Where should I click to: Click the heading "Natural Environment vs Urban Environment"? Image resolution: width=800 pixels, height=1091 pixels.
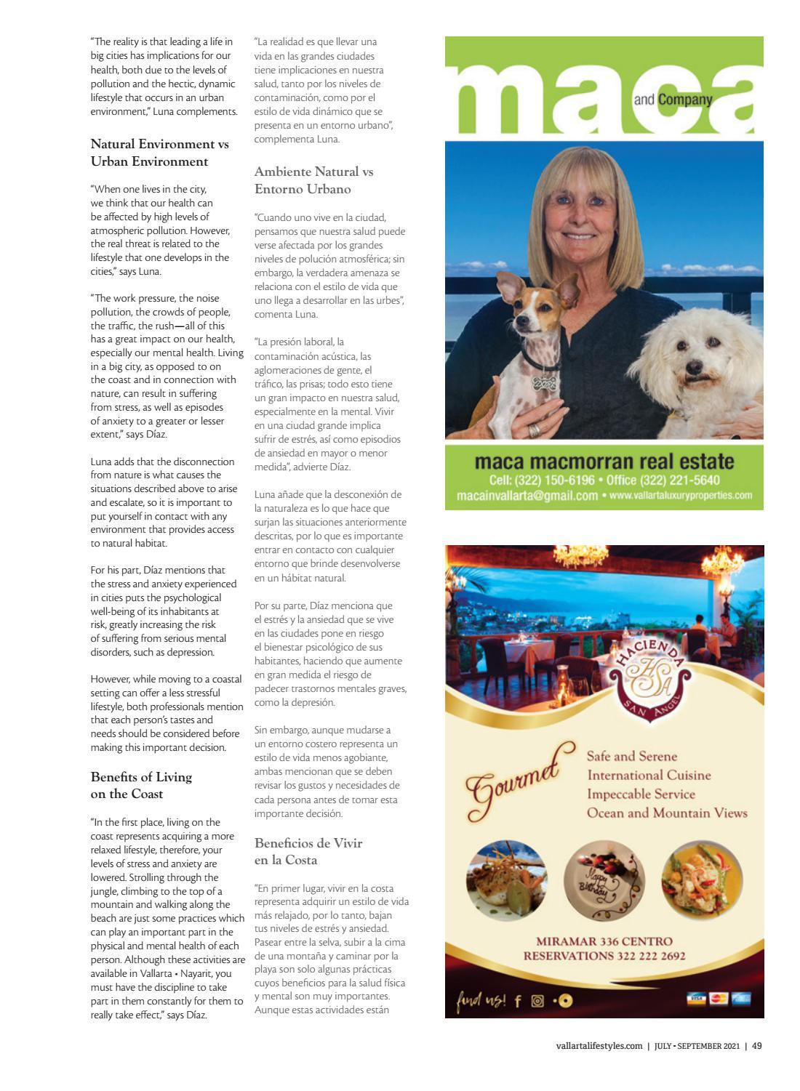click(159, 153)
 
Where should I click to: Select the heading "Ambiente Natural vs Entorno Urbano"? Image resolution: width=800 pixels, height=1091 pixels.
click(313, 180)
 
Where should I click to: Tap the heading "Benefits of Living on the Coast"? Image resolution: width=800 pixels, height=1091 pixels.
click(141, 785)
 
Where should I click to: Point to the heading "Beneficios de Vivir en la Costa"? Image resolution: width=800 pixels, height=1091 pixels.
click(308, 851)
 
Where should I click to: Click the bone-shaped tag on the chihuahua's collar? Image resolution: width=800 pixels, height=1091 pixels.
click(540, 383)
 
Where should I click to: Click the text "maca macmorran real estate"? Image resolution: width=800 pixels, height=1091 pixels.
click(604, 462)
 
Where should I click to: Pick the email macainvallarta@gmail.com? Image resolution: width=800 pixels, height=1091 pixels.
click(521, 496)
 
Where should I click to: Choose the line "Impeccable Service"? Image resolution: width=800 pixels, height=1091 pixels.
click(641, 794)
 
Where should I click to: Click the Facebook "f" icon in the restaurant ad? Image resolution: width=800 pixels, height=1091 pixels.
click(518, 1001)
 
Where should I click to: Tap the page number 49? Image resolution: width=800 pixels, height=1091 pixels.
click(757, 1046)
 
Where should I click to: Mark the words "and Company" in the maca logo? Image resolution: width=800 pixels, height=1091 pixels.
click(672, 100)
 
